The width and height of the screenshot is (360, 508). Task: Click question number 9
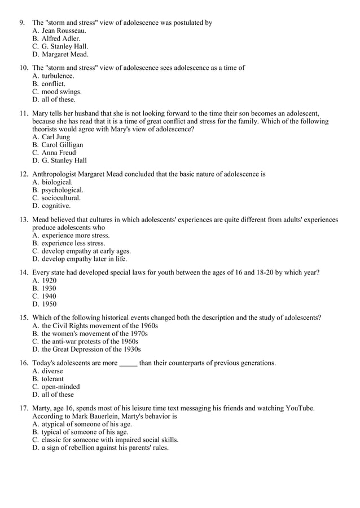22,23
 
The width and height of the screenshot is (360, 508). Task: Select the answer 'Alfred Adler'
61,38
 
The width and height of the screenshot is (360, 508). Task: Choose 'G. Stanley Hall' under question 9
65,46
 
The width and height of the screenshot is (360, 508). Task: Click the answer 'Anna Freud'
59,152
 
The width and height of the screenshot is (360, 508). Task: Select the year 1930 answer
49,288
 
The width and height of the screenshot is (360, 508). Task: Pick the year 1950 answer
49,304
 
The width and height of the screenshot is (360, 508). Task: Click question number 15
24,317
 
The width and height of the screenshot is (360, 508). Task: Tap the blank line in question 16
128,363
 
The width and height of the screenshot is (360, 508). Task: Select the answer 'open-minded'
60,387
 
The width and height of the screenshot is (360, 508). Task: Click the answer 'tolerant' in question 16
52,379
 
